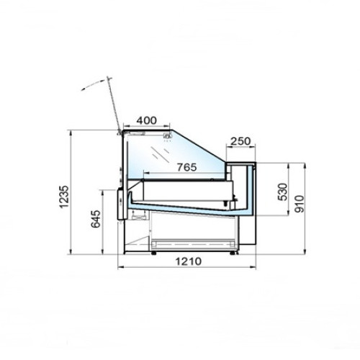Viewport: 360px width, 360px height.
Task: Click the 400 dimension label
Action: pyautogui.click(x=146, y=120)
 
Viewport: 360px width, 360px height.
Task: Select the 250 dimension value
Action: pyautogui.click(x=240, y=141)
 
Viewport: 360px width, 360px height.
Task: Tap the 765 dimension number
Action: pyautogui.click(x=186, y=167)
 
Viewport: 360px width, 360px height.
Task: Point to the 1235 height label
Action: pyautogui.click(x=64, y=197)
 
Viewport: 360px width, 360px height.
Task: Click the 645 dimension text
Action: pyautogui.click(x=96, y=219)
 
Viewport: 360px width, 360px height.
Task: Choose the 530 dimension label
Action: pyautogui.click(x=282, y=192)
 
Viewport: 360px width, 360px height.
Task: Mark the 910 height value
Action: pyautogui.click(x=300, y=204)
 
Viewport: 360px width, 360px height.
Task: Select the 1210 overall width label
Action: pyautogui.click(x=189, y=261)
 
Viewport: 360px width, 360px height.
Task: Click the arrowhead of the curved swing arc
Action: pyautogui.click(x=84, y=89)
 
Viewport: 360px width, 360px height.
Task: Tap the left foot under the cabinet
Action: pyautogui.click(x=153, y=253)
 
